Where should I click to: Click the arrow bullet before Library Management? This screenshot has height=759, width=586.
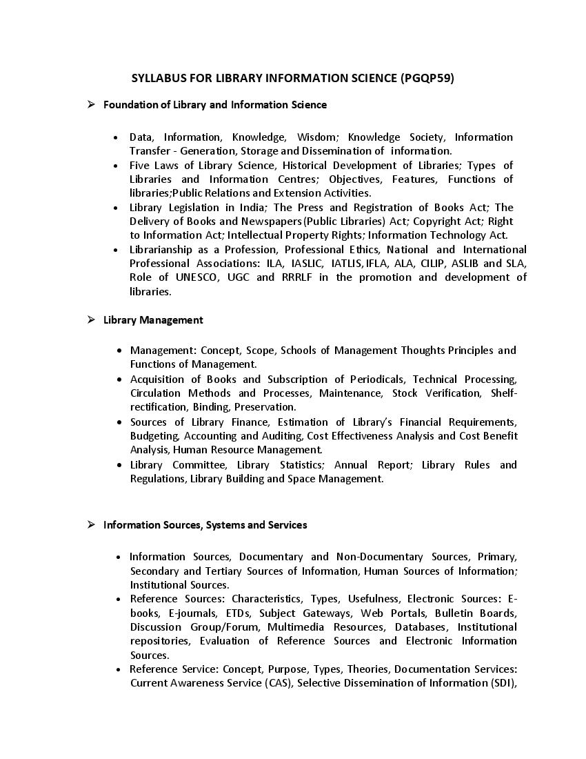(x=90, y=319)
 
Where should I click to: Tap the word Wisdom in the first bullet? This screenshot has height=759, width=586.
(x=315, y=137)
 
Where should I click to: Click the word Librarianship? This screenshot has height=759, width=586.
(x=163, y=249)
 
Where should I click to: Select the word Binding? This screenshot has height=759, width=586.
(x=210, y=406)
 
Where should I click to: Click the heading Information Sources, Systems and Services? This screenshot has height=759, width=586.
(x=205, y=524)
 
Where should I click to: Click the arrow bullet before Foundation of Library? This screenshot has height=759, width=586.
(x=90, y=104)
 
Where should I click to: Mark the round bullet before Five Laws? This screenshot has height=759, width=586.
(x=116, y=166)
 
